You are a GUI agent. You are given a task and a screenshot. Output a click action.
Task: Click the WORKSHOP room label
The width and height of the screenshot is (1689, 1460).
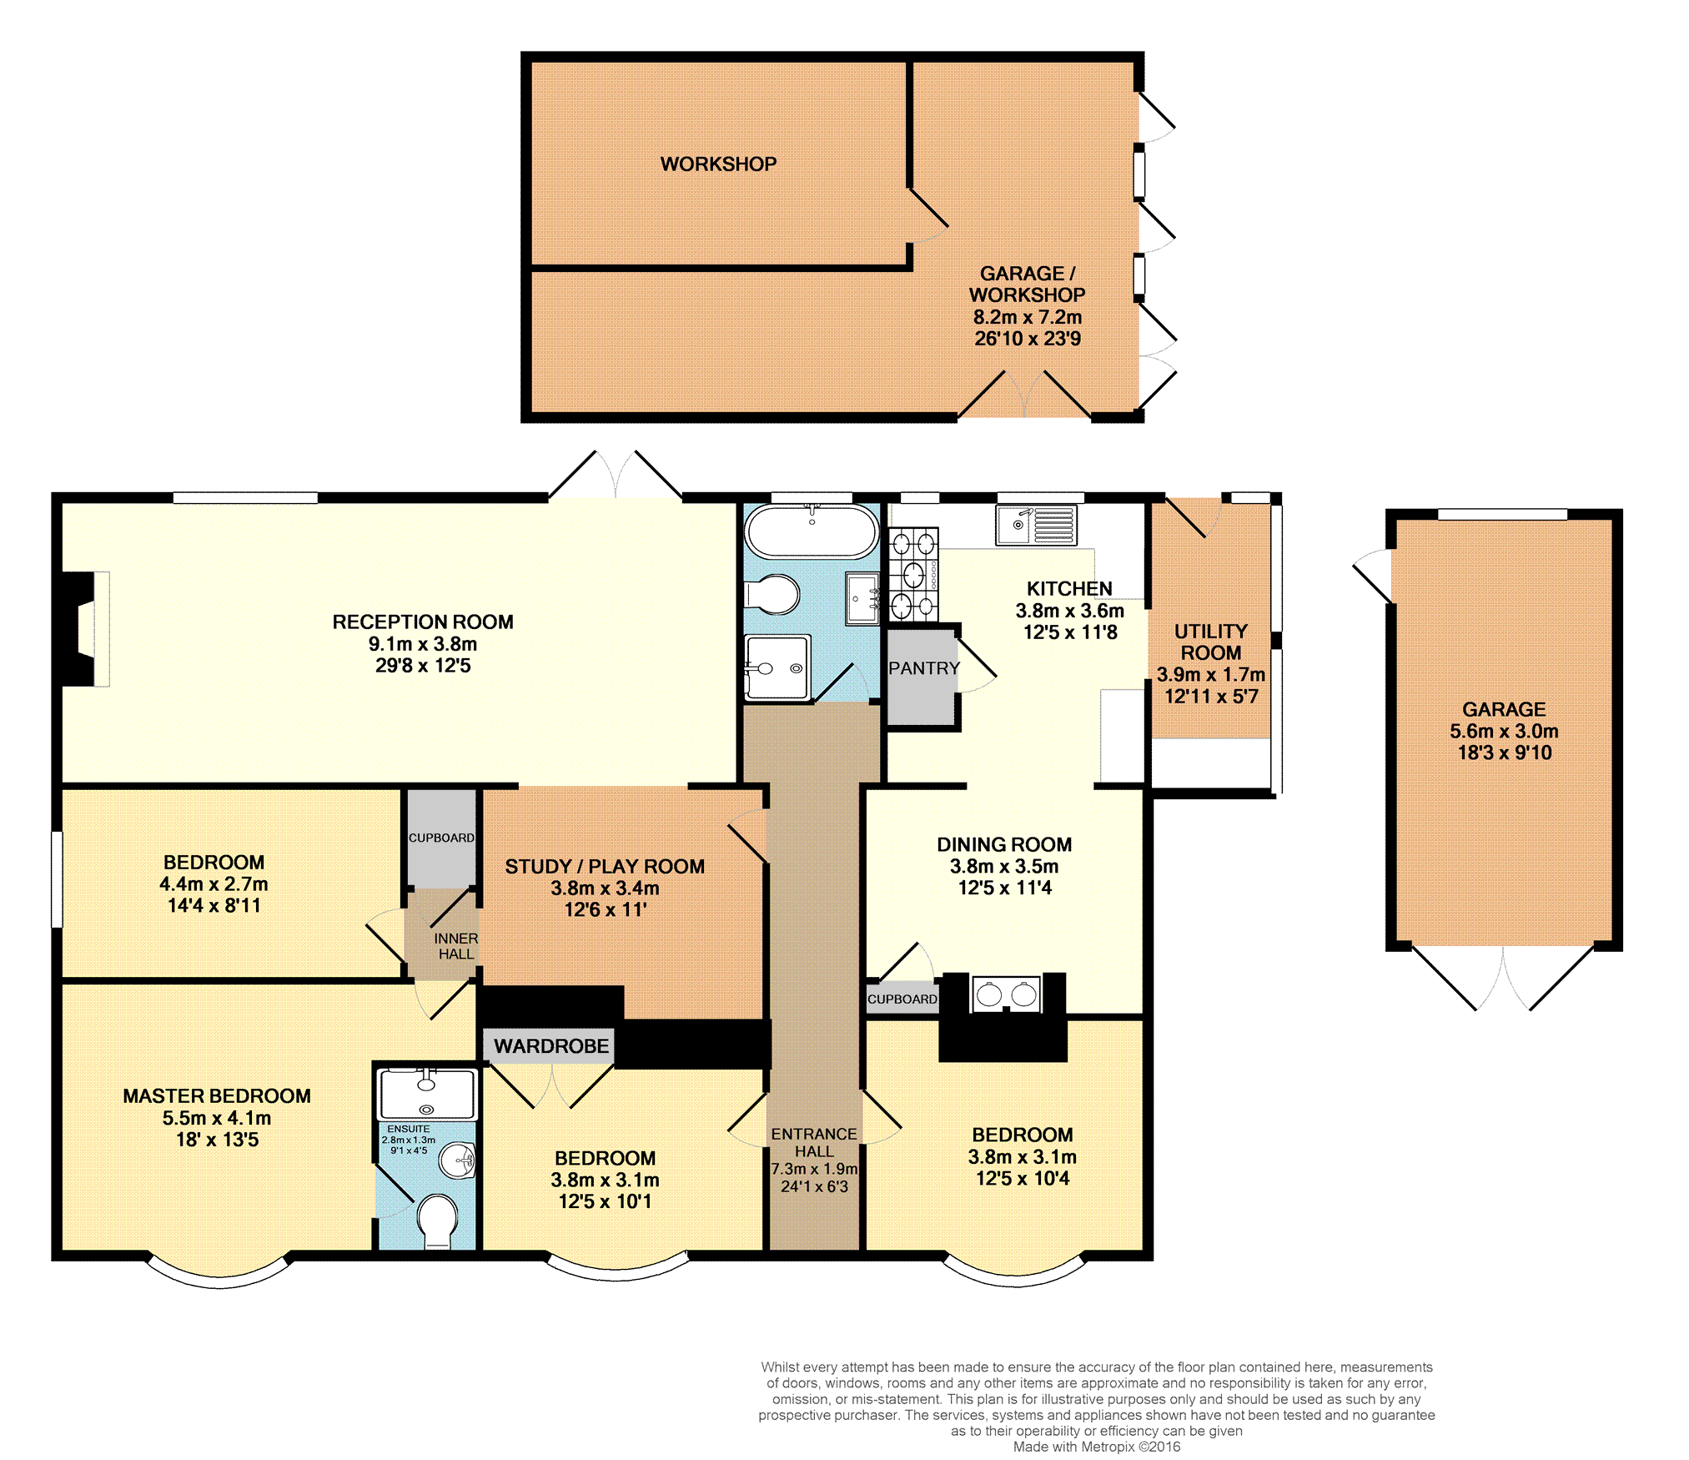tap(718, 164)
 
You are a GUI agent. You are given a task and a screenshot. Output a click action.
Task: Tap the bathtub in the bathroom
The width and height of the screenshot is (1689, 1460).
tap(812, 531)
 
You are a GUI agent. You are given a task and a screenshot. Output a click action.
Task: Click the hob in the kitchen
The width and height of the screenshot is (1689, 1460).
tap(914, 575)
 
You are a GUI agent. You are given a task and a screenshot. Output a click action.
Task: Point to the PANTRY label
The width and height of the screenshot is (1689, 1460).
tap(924, 668)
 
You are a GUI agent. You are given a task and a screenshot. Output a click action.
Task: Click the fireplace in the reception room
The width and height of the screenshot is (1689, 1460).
tap(87, 629)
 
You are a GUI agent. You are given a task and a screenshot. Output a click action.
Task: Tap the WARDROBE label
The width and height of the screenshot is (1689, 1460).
tap(551, 1046)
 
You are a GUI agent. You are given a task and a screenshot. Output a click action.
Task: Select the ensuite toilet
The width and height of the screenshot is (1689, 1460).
tap(437, 1221)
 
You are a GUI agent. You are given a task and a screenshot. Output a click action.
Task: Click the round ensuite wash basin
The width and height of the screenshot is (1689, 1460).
tap(457, 1160)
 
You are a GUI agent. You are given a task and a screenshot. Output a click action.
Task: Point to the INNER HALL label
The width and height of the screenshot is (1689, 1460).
tap(456, 946)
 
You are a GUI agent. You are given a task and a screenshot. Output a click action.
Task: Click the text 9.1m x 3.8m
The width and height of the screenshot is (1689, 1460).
tap(423, 644)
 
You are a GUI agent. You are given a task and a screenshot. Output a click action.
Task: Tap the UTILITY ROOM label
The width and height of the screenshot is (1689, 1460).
tap(1211, 642)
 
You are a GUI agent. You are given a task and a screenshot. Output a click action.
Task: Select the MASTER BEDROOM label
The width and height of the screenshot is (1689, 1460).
tap(217, 1096)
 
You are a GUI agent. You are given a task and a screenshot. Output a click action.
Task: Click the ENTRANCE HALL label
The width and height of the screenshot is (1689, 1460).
tap(814, 1142)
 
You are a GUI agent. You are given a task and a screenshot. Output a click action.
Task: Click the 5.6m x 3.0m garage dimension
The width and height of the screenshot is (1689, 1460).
tap(1504, 732)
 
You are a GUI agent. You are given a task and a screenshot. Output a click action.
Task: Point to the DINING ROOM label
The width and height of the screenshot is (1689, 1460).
tap(1004, 845)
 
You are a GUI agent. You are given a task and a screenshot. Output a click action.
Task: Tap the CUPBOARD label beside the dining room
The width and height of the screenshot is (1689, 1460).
tap(902, 999)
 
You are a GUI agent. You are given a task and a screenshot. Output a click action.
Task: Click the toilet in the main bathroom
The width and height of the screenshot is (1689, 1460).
tap(772, 595)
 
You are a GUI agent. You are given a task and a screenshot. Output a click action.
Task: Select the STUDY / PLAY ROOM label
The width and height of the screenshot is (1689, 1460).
tap(605, 867)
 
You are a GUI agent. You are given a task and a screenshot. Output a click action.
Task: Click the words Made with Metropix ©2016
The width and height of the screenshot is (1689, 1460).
tap(1097, 1447)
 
